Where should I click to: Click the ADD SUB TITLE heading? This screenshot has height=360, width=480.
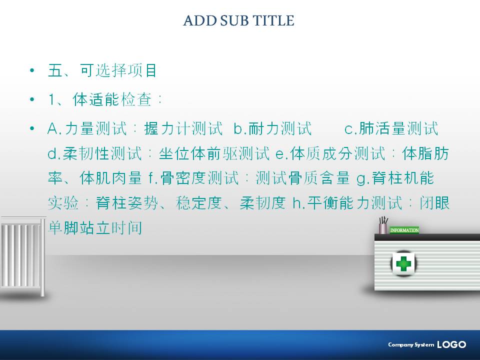[239, 20]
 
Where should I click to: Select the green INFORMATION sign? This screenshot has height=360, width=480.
[404, 230]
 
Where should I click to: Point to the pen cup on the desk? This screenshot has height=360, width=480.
[383, 225]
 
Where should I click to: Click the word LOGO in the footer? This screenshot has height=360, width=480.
[451, 344]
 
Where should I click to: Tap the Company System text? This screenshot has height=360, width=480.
[411, 344]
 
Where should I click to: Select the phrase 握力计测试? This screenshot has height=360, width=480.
[183, 128]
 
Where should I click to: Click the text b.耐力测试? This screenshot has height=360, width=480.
[272, 128]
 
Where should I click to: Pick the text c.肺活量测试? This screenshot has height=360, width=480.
[391, 128]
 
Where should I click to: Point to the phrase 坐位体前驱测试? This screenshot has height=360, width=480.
[214, 153]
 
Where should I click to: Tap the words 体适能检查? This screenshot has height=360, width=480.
[112, 99]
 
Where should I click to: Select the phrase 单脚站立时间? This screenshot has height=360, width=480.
[95, 228]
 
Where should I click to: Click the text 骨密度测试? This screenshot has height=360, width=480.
[199, 178]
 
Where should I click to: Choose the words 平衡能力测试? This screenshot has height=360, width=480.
[355, 203]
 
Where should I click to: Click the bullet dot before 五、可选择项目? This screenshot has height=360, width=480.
[32, 70]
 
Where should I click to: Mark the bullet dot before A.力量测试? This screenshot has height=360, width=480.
[32, 128]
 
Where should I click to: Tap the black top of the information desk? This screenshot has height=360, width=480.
[427, 237]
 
